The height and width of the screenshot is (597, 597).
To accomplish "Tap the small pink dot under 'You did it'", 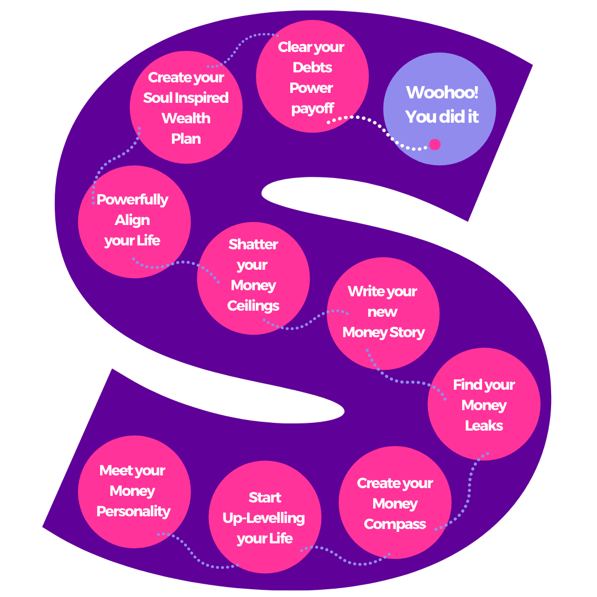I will [x=435, y=145].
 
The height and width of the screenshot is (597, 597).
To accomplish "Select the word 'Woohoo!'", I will [x=442, y=92].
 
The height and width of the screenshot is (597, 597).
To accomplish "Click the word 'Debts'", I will [x=312, y=68].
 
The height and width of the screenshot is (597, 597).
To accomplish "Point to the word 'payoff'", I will [x=312, y=109].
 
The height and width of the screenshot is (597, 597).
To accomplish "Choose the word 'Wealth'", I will [x=186, y=118].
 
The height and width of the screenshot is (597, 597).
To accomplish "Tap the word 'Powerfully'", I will [x=133, y=200].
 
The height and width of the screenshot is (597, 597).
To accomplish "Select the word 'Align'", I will [x=133, y=220].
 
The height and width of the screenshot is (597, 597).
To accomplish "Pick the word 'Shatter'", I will [x=253, y=244].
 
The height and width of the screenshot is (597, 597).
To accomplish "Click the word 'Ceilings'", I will [x=253, y=306].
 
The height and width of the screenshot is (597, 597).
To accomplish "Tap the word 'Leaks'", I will [x=484, y=426].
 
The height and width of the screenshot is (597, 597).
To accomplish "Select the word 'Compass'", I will [x=395, y=524].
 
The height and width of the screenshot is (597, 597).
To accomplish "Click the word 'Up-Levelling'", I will [x=264, y=518].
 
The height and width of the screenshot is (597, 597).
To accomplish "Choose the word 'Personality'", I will [x=133, y=511].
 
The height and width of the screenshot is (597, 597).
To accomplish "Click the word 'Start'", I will [x=265, y=498].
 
